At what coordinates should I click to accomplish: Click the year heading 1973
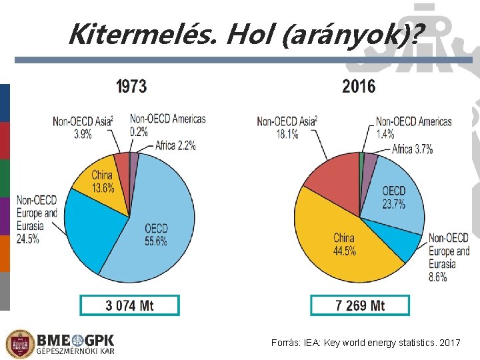[131, 86]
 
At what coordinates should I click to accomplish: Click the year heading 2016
[359, 86]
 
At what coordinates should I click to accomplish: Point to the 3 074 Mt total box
[129, 305]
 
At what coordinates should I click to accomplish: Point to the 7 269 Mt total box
[360, 305]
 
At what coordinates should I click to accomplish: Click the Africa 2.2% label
[175, 145]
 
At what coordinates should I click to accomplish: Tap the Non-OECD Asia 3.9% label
[83, 127]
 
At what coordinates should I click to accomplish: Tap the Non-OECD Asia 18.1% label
[287, 127]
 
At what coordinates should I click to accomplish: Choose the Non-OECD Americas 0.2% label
[167, 125]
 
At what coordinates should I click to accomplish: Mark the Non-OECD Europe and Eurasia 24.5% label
[37, 219]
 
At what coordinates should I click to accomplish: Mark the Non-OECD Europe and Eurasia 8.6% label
[449, 257]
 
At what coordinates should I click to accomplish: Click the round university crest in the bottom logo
[19, 344]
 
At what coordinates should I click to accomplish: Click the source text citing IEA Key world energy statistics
[365, 343]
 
